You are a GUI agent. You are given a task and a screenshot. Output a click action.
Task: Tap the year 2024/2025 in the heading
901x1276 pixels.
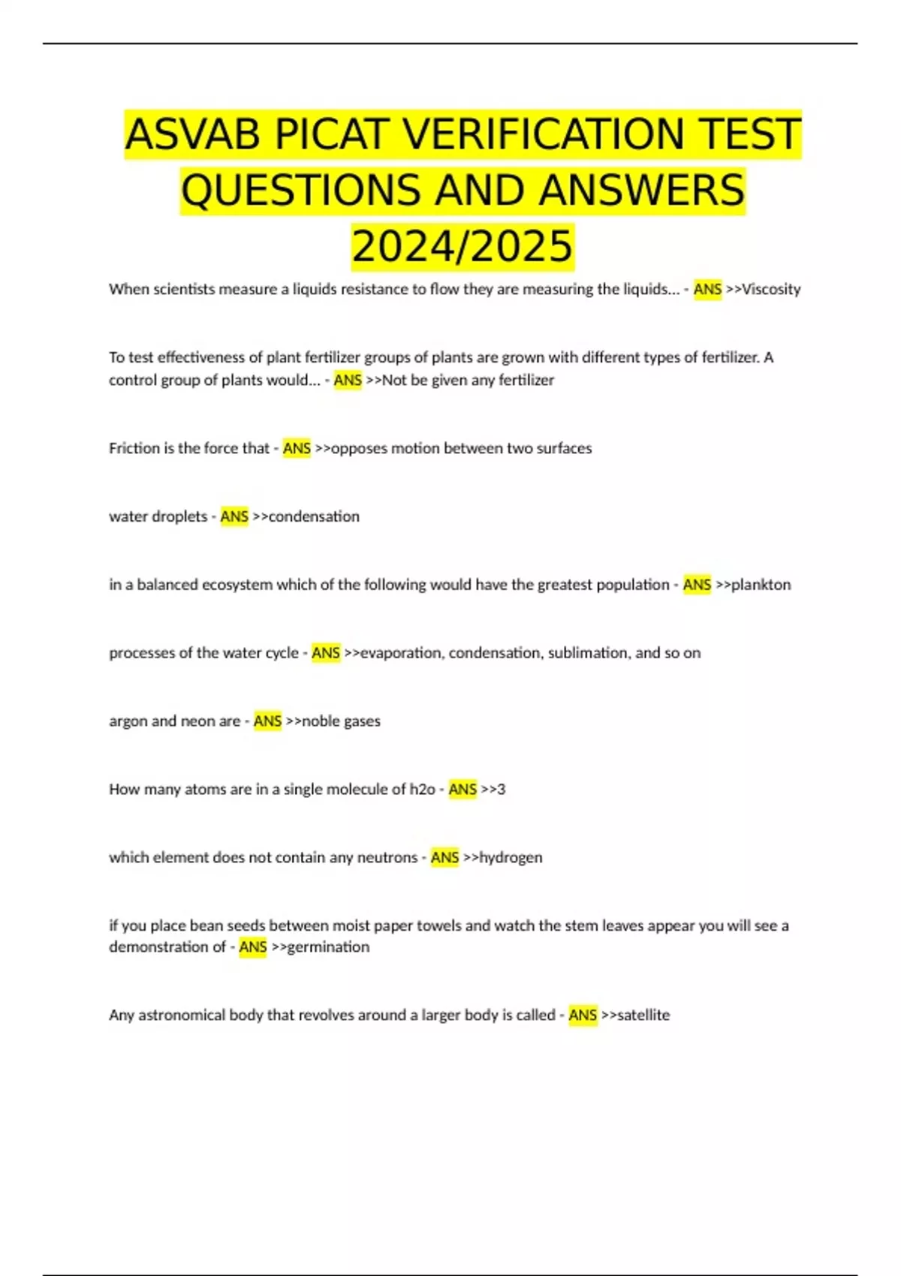tap(463, 246)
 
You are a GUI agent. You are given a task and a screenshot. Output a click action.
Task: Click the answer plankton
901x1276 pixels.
tap(761, 585)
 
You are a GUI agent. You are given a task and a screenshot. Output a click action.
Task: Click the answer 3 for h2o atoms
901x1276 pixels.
tap(501, 790)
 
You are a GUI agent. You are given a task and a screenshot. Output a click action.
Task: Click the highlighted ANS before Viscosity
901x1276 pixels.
tap(707, 289)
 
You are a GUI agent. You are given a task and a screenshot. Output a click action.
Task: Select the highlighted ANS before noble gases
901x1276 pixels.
tap(267, 721)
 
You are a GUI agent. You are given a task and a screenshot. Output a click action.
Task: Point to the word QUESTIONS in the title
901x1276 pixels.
tap(301, 190)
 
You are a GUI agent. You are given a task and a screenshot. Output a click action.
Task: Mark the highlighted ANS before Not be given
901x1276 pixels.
tap(348, 381)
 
